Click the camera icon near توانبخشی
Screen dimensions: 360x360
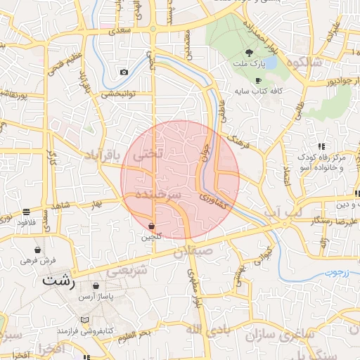point(124,72)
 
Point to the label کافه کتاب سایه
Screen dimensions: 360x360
point(257,91)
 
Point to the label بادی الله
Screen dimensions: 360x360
point(205,330)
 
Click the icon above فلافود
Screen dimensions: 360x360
point(26,211)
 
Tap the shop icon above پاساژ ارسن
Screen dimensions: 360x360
point(96,285)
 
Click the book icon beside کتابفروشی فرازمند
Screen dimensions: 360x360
point(85,320)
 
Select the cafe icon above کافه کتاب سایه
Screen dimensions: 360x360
point(258,80)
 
